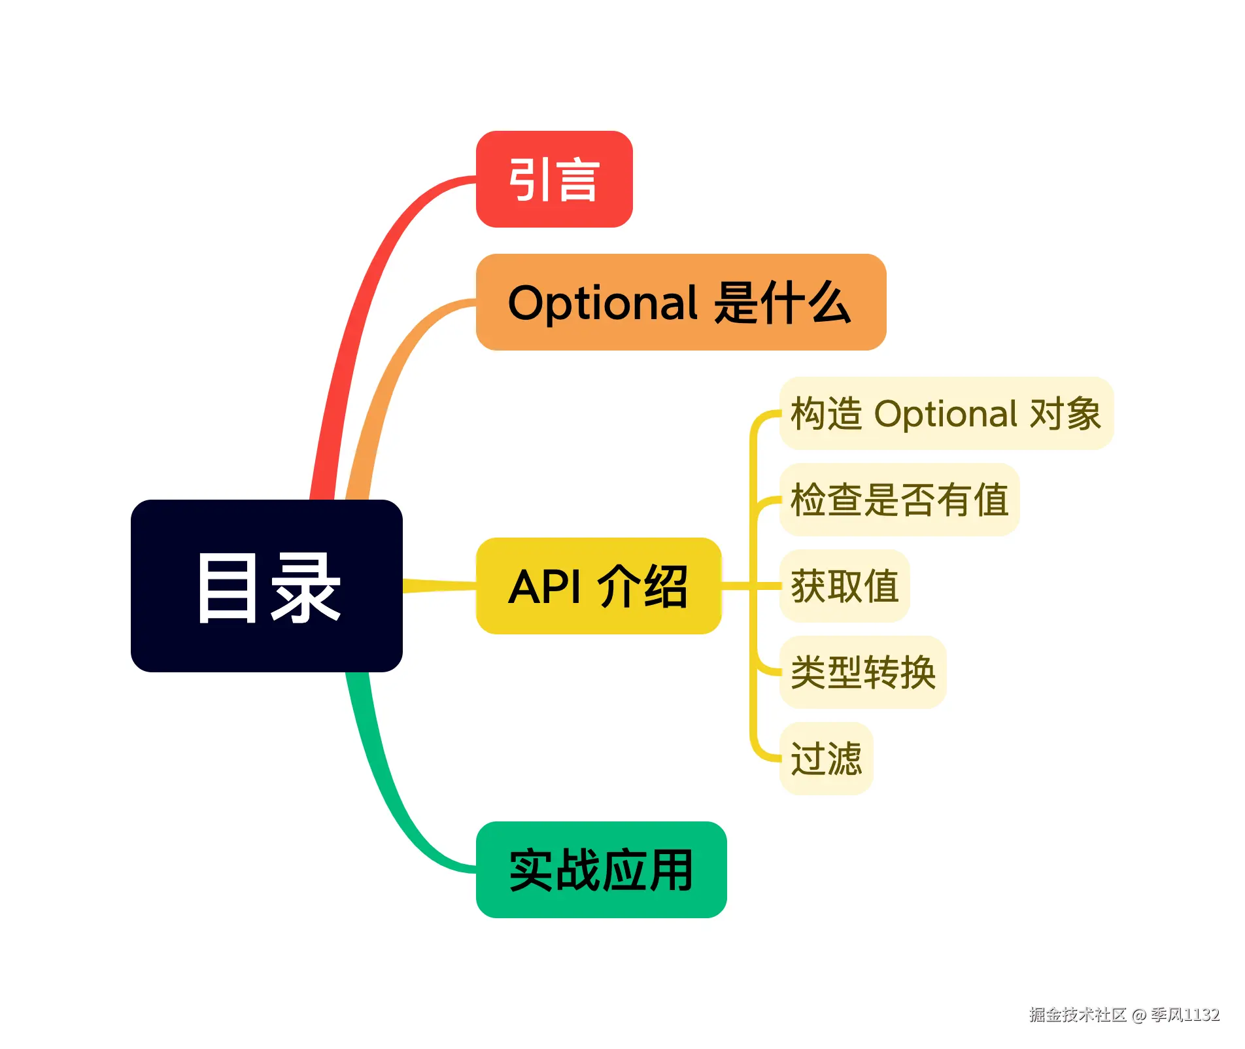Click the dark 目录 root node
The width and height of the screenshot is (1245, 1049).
[266, 585]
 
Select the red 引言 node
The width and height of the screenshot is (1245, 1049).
[554, 179]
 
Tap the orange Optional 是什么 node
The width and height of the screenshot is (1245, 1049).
[681, 302]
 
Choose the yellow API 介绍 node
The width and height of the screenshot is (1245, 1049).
[598, 586]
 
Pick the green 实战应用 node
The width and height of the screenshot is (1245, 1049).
[601, 870]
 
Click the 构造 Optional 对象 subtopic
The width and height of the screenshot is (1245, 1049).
[946, 413]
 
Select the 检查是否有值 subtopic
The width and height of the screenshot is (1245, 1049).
[899, 500]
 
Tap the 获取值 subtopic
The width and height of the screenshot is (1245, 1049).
[844, 586]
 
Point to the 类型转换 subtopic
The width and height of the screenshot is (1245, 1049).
[862, 672]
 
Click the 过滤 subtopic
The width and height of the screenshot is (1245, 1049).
[826, 759]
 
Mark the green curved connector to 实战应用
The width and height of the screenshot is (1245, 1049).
[386, 798]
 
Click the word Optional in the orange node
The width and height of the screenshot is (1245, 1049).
[603, 303]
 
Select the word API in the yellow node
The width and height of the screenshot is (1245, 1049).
[544, 587]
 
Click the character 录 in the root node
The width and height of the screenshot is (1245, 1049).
[305, 587]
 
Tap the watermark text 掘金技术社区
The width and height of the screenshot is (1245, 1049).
[1077, 1014]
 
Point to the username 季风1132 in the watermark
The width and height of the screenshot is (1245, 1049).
[1185, 1014]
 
